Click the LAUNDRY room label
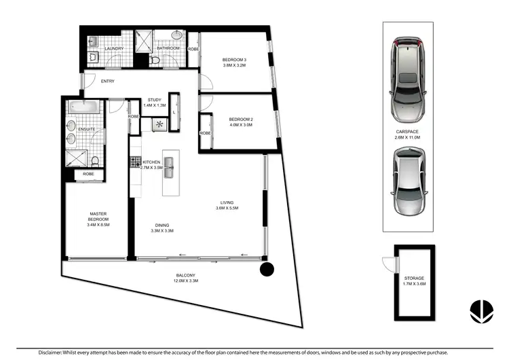[x=113, y=48]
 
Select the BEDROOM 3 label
[x=235, y=61]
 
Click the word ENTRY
[x=107, y=82]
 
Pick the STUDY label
[x=154, y=100]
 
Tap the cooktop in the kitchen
[x=135, y=162]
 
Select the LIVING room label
[x=228, y=201]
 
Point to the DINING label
[x=162, y=225]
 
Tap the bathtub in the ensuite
[x=84, y=107]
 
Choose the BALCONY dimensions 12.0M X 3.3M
[x=185, y=281]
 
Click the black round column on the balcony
[x=268, y=270]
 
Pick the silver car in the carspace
[x=409, y=179]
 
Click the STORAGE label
[x=414, y=278]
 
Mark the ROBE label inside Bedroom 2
[x=205, y=133]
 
